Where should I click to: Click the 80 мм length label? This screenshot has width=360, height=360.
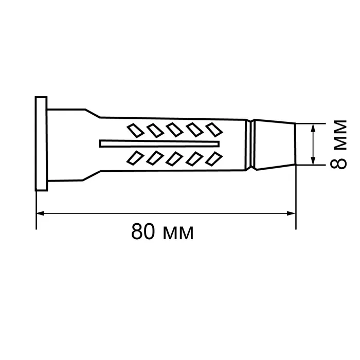point(163,231)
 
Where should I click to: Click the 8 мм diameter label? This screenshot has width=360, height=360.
point(338,145)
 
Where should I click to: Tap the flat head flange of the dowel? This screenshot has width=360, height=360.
point(41,143)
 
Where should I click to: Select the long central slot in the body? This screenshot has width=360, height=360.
point(159,143)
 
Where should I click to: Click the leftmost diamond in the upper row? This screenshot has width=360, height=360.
point(135,130)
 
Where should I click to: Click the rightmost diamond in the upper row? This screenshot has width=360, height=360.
point(214,130)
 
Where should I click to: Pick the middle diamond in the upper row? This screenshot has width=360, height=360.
point(174,130)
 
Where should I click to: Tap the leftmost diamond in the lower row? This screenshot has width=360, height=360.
point(135,158)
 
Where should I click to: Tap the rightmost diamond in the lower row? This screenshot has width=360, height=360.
point(214,158)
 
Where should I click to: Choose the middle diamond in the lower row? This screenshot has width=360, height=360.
point(174,158)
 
